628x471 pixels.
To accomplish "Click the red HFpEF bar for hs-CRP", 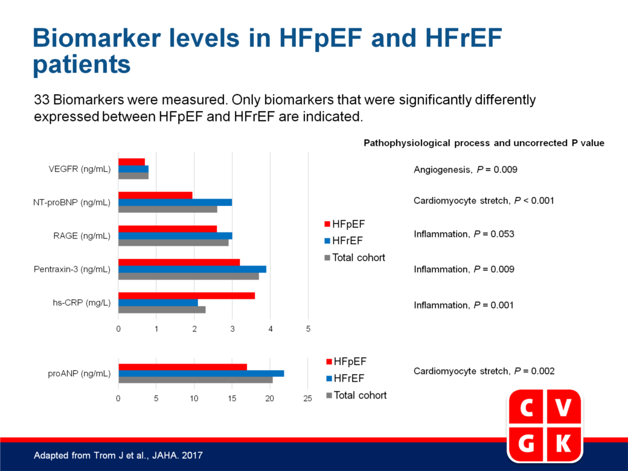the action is click(x=187, y=296).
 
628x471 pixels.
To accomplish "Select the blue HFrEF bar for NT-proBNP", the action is click(x=175, y=202).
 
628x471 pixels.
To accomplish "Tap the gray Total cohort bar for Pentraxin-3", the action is click(x=188, y=277).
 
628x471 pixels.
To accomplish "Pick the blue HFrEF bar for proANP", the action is click(x=201, y=374).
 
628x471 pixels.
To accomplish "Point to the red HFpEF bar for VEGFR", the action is click(x=132, y=162).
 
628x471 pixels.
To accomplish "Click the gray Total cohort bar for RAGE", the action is click(x=173, y=243).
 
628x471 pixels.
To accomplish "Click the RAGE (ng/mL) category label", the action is click(x=82, y=236).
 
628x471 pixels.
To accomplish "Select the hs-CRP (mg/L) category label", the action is click(x=82, y=303).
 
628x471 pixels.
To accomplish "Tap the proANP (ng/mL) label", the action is click(x=79, y=374).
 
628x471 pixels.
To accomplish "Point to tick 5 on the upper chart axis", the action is click(x=308, y=329).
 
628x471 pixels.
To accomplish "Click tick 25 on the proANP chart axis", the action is click(x=307, y=399).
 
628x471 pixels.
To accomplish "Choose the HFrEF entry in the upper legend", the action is click(x=344, y=241).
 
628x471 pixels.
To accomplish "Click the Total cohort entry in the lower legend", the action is click(x=356, y=396).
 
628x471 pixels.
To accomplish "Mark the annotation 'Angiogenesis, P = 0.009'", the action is click(x=466, y=170).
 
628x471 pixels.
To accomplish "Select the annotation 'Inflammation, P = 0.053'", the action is click(x=464, y=234).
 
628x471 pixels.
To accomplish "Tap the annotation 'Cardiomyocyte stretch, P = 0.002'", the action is click(x=484, y=371).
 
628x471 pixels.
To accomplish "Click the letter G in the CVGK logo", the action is click(x=527, y=443).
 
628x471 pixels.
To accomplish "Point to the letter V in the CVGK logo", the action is click(x=563, y=408).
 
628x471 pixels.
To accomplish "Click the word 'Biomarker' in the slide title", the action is click(x=96, y=38).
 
